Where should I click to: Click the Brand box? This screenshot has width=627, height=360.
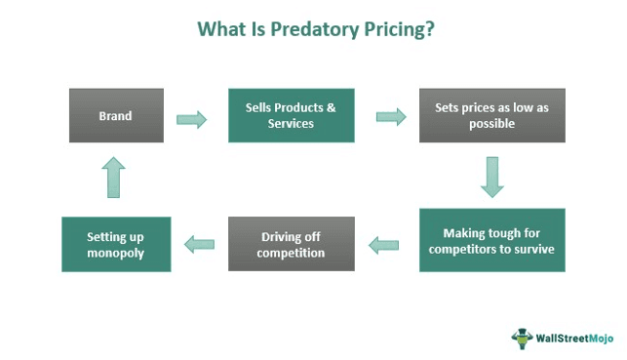click(116, 115)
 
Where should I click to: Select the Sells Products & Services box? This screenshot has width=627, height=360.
click(291, 115)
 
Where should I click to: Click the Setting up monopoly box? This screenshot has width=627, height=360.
click(116, 244)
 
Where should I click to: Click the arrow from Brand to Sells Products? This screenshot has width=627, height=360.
click(192, 119)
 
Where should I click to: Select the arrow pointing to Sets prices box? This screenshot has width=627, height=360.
click(391, 117)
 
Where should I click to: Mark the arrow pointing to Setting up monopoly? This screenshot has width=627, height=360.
click(200, 244)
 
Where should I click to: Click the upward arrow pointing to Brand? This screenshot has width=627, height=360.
click(114, 180)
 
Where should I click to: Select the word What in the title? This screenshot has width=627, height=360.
click(221, 29)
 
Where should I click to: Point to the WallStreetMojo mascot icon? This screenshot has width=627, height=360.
click(523, 338)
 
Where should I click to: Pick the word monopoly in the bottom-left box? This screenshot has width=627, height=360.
click(116, 253)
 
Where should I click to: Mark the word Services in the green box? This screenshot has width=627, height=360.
click(291, 124)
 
